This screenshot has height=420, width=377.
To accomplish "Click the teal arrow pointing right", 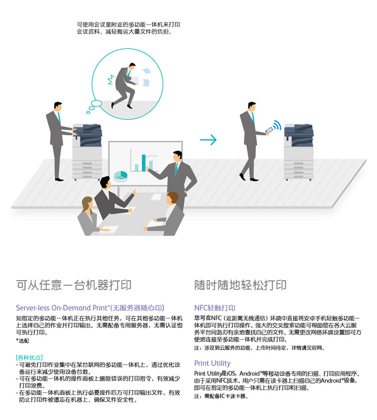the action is [x=208, y=139].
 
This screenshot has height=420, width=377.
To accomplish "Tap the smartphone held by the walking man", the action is [x=269, y=130].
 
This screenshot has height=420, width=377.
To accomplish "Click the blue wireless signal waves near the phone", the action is [x=277, y=125].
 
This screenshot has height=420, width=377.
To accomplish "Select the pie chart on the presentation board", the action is [x=121, y=176].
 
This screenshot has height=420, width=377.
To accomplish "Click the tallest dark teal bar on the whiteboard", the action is [x=144, y=162].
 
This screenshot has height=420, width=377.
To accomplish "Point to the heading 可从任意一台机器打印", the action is [x=74, y=285].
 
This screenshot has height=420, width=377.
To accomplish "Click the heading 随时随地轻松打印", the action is [x=240, y=285].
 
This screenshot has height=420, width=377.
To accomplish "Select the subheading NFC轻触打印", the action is [x=215, y=308].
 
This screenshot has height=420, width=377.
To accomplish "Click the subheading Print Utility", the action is [x=212, y=363].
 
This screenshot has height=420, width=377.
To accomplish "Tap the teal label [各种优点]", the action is [x=29, y=357].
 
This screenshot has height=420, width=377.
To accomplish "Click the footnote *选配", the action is [x=23, y=341].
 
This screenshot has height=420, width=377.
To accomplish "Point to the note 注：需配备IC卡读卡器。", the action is [x=221, y=396].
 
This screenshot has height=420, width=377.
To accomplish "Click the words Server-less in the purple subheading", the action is [x=33, y=308].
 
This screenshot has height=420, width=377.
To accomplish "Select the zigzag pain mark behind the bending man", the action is [x=111, y=80].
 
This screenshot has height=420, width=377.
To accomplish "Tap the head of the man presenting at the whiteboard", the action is [x=177, y=156].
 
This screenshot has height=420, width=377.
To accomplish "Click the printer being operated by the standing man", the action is [x=87, y=151].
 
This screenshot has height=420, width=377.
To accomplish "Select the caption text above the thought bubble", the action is [x=129, y=28].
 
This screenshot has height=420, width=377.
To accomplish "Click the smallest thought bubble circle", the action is [x=88, y=112].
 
